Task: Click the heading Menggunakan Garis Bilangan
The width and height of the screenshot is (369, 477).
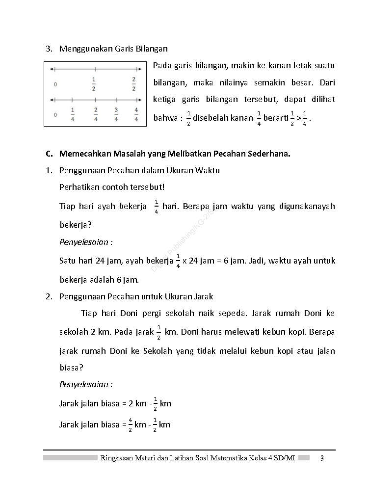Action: pyautogui.click(x=113, y=49)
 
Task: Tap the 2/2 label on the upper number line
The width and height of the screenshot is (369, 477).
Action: pyautogui.click(x=133, y=83)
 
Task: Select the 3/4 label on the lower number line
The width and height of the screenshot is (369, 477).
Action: pyautogui.click(x=116, y=114)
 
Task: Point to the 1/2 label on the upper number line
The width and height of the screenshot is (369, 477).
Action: pyautogui.click(x=94, y=83)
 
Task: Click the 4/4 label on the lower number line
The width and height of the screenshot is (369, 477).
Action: pyautogui.click(x=136, y=114)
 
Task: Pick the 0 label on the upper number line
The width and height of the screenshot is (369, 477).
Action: pyautogui.click(x=55, y=84)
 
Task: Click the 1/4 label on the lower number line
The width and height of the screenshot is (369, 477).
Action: pyautogui.click(x=73, y=114)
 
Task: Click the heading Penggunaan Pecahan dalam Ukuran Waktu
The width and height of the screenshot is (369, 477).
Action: pyautogui.click(x=139, y=170)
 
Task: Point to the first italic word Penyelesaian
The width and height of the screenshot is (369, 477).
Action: pyautogui.click(x=86, y=242)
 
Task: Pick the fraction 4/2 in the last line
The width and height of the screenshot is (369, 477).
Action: pyautogui.click(x=131, y=424)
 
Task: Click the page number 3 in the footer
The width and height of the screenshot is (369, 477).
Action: pyautogui.click(x=322, y=458)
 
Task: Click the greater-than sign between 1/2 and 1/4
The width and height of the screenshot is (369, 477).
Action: pyautogui.click(x=299, y=118)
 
